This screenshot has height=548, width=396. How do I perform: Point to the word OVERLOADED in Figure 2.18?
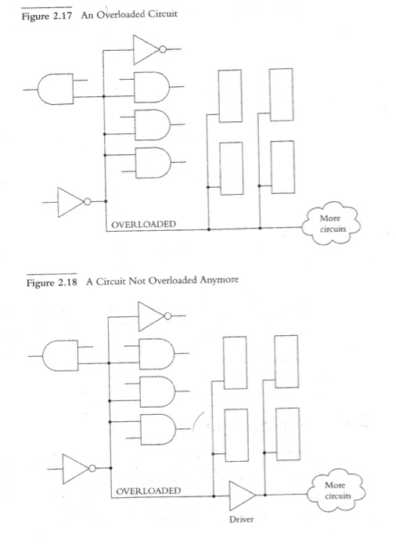point(149,491)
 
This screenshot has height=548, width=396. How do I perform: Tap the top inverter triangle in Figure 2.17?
point(146,52)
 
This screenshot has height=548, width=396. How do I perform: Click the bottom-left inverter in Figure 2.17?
point(71,202)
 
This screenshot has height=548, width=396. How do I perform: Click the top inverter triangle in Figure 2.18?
point(150,318)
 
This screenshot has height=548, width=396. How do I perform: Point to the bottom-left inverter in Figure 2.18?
point(75,467)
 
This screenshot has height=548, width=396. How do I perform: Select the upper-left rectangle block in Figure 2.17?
point(230,96)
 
